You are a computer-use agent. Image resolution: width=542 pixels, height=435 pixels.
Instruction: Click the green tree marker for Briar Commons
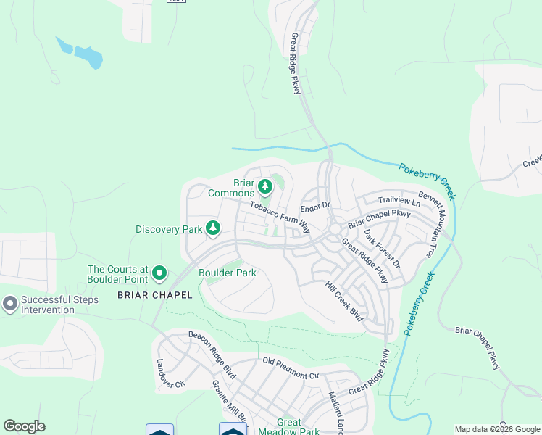265,187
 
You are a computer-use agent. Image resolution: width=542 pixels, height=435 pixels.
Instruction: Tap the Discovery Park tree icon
213,228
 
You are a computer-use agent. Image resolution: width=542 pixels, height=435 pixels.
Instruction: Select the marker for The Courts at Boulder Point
159,274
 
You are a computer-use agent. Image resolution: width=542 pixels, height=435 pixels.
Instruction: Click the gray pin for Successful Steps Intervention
10,304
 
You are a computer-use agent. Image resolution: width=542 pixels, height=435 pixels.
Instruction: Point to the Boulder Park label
228,273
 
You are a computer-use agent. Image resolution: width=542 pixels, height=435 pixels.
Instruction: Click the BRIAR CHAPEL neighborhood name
155,295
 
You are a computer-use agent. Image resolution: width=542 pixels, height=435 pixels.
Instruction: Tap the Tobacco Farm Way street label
280,216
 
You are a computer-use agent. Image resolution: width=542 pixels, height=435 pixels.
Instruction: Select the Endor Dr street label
315,207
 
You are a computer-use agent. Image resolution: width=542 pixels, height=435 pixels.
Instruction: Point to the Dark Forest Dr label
382,249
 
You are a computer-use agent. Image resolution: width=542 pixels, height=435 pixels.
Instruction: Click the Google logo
24,426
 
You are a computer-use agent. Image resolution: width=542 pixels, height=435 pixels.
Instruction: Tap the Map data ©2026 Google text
497,429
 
